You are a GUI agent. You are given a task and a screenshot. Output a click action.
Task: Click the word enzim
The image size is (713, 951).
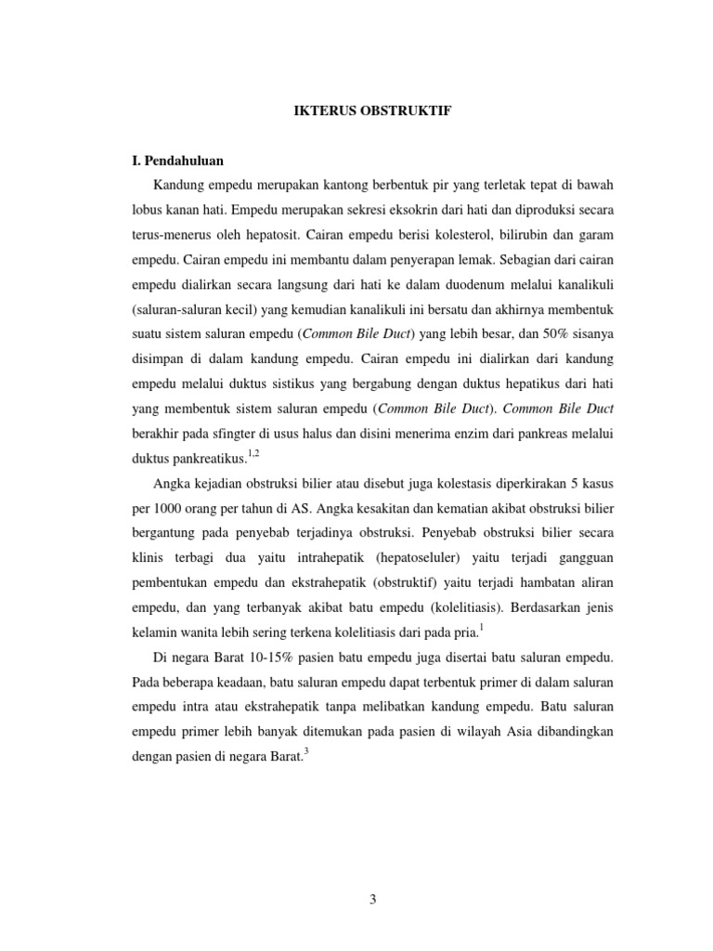(x=450, y=434)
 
